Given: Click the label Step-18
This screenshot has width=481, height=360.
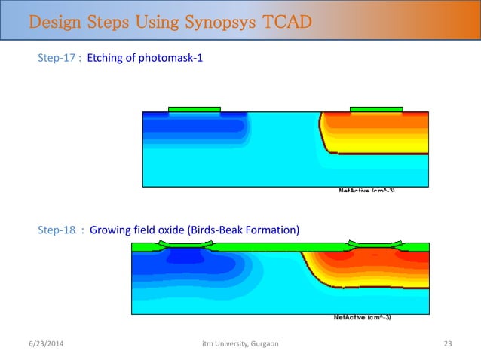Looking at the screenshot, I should (x=60, y=230).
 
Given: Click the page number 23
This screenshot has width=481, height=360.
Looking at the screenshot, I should (x=447, y=343).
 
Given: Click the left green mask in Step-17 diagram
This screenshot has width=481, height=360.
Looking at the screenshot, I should (x=195, y=110).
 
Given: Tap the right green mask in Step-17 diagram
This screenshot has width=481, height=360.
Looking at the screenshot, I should (x=376, y=110).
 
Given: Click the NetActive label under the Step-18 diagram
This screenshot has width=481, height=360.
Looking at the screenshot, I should (x=362, y=318).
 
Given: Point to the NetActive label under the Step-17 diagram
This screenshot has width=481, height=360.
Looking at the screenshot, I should (x=366, y=190).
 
